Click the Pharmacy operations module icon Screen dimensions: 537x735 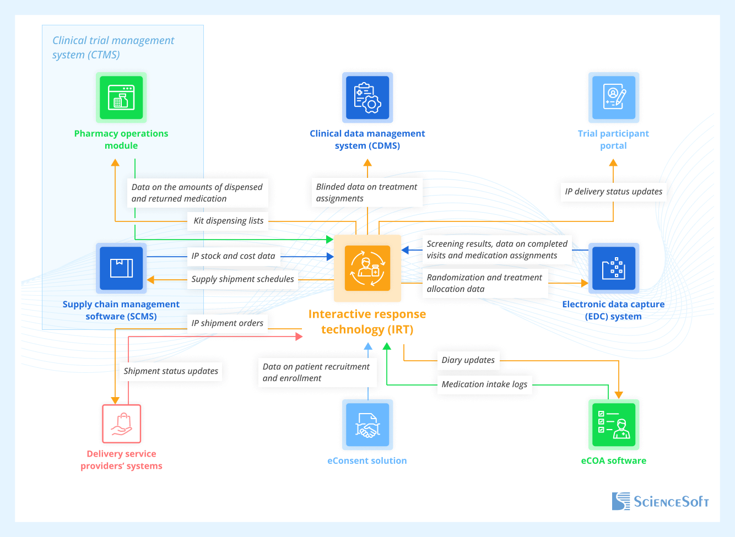pyautogui.click(x=121, y=97)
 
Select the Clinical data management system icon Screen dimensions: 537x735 pyautogui.click(x=367, y=97)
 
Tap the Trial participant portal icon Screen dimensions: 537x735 pyautogui.click(x=613, y=97)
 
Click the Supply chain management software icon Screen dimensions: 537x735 pyautogui.click(x=121, y=268)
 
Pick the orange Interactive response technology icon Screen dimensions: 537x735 pyautogui.click(x=367, y=268)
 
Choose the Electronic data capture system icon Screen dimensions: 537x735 pyautogui.click(x=613, y=268)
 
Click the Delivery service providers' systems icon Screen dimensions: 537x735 pyautogui.click(x=121, y=424)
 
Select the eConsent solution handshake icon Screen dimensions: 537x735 pyautogui.click(x=367, y=425)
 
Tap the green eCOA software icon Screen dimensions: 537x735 pyautogui.click(x=613, y=425)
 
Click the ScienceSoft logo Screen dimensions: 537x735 pyautogui.click(x=660, y=501)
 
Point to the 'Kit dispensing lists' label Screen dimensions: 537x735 pyautogui.click(x=228, y=221)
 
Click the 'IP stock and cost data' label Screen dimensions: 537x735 pyautogui.click(x=233, y=256)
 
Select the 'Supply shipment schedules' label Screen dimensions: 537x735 pyautogui.click(x=242, y=279)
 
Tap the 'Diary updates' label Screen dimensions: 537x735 pyautogui.click(x=468, y=360)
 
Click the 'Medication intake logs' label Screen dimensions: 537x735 pyautogui.click(x=484, y=384)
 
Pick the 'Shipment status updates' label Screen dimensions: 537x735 pyautogui.click(x=171, y=371)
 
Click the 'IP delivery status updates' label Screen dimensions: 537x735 pyautogui.click(x=613, y=192)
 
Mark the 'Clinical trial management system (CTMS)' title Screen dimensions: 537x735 pyautogui.click(x=113, y=47)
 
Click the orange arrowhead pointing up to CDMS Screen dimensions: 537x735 pyautogui.click(x=367, y=162)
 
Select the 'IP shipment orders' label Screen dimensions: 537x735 pyautogui.click(x=227, y=323)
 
